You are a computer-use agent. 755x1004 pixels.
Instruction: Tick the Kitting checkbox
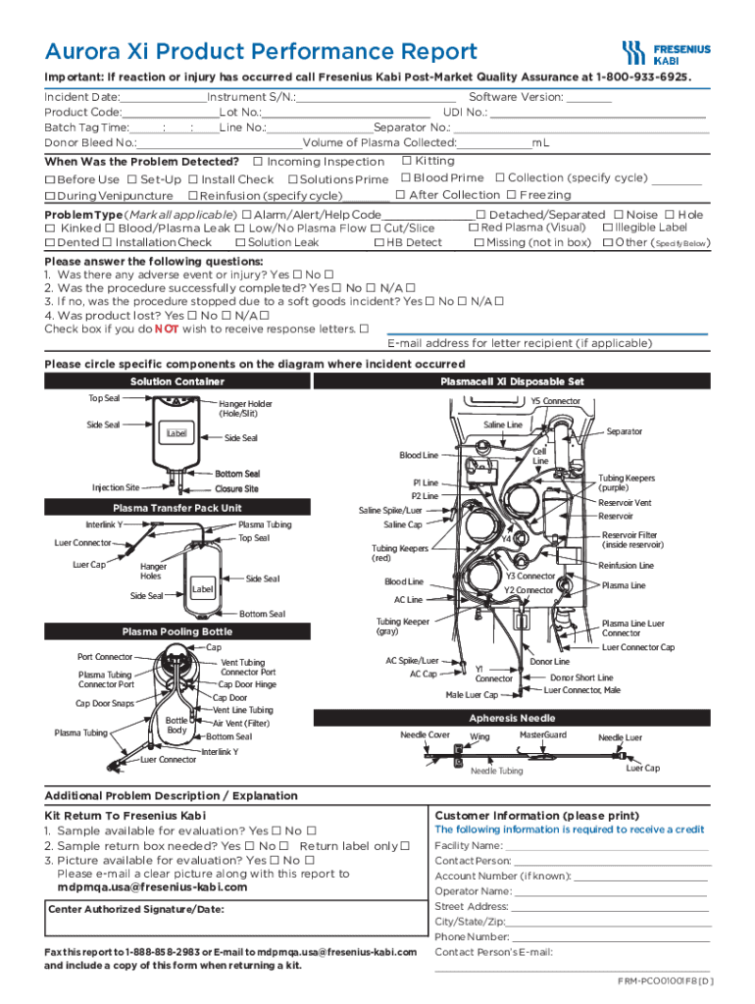coord(406,160)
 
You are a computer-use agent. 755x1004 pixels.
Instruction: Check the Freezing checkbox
coord(511,195)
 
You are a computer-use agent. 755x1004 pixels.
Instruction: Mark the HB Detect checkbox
coord(379,242)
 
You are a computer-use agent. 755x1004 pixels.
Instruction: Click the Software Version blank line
coord(588,98)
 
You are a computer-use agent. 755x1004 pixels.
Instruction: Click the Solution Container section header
coord(176,381)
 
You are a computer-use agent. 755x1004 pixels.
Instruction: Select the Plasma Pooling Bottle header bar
coord(176,631)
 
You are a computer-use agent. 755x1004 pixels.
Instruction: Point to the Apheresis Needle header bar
coord(518,718)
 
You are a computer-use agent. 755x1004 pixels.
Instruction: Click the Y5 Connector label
coord(555,400)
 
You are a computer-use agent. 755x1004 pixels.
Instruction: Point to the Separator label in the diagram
coord(625,431)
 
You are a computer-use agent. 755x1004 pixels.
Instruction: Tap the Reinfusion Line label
coord(626,566)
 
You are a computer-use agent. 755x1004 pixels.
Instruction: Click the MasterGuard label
coord(542,734)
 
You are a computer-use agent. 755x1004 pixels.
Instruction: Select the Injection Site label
coord(116,487)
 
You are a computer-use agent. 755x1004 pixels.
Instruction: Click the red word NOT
coord(164,329)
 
